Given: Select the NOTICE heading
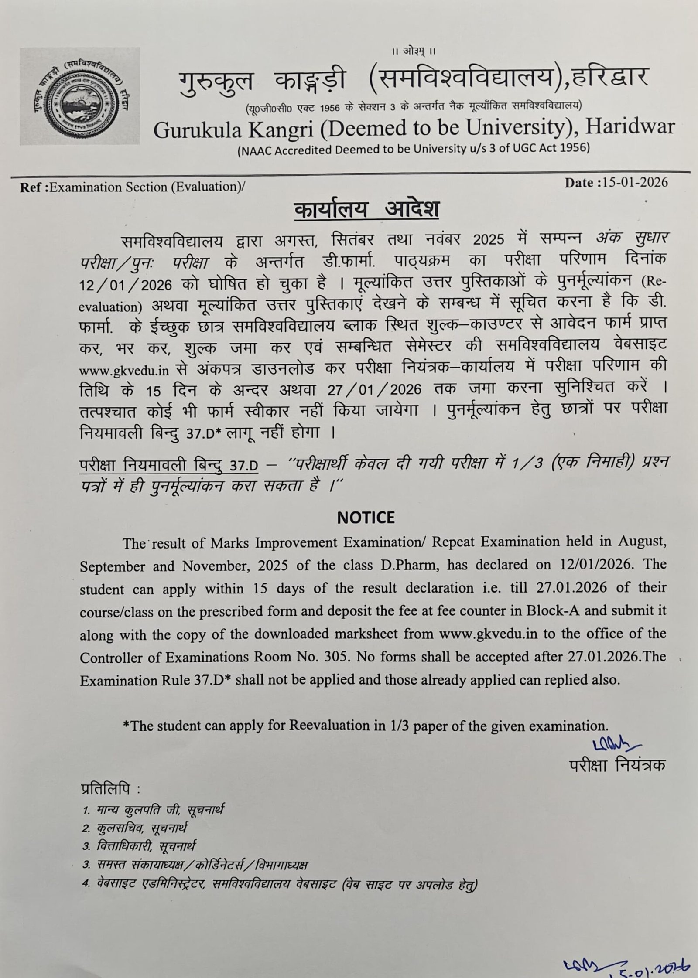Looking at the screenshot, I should (366, 517).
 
